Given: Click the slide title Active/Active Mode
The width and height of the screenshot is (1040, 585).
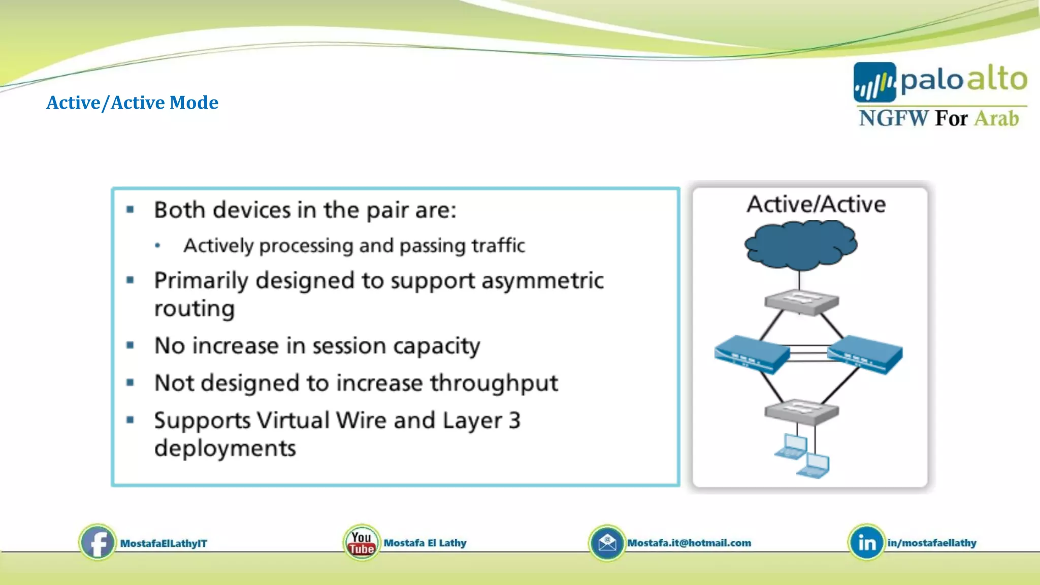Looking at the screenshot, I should point(133,103).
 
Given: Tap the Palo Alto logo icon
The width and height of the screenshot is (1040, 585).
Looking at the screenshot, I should point(874,83).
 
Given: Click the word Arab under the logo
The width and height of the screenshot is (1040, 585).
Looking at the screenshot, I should point(996,118).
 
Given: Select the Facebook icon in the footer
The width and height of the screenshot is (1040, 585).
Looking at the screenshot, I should point(97,543).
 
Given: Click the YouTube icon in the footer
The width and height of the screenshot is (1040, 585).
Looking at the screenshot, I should point(361,543).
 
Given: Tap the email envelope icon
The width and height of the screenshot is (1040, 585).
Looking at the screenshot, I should point(606,543).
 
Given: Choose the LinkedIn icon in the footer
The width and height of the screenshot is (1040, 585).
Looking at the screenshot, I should point(866,543).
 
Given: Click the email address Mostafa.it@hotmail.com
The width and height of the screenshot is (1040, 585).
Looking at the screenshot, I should point(689,543).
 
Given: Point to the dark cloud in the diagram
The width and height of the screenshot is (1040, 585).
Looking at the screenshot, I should point(801,245).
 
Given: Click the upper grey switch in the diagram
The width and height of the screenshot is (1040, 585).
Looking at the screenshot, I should point(801,302).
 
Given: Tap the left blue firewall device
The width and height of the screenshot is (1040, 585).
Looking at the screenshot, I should point(752,354).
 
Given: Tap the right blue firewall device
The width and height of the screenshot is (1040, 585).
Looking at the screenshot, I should point(865,354).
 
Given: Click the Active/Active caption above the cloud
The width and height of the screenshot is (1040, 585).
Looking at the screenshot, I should point(816,204).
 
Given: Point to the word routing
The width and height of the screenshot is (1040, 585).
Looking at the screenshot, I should point(194,309).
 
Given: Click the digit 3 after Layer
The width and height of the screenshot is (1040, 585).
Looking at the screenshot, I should point(514,420).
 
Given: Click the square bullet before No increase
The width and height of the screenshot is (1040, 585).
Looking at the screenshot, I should point(131,345).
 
